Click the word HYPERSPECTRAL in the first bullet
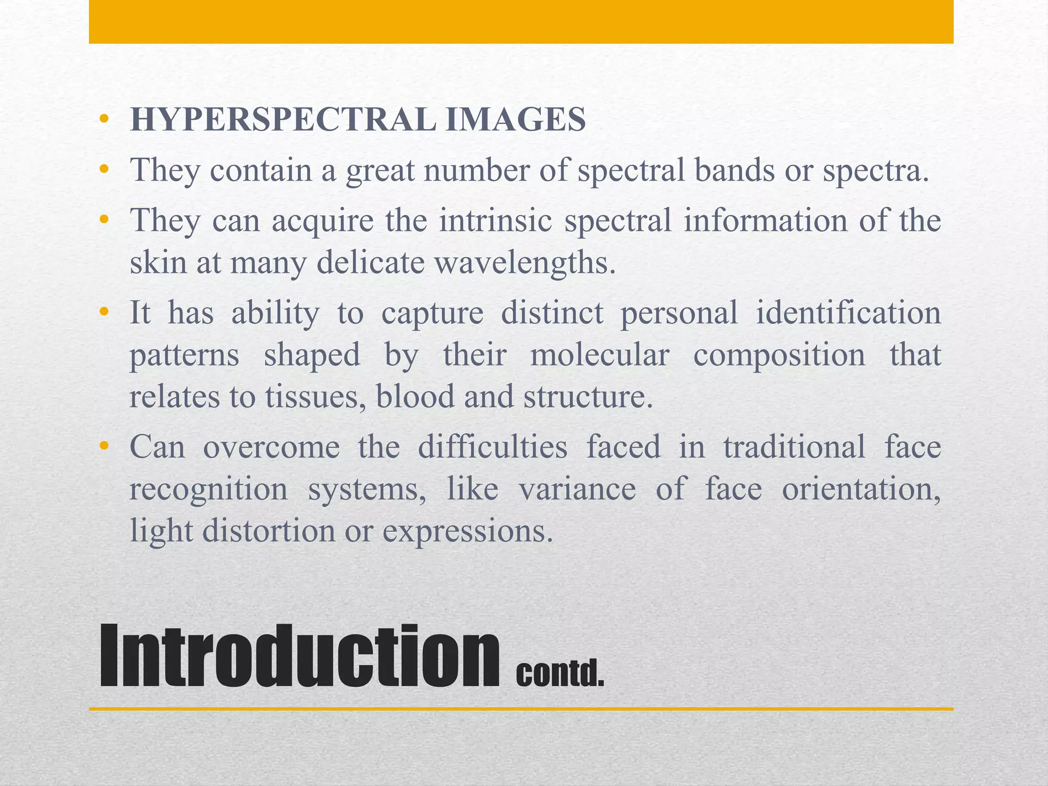(283, 120)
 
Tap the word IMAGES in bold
(515, 120)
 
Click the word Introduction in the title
(299, 657)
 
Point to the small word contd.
(560, 672)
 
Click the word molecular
(599, 355)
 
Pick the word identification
(848, 313)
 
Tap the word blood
(415, 397)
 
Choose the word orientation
(861, 489)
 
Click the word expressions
(468, 531)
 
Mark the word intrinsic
(495, 221)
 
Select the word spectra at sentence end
(875, 170)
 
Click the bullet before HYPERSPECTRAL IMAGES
(104, 120)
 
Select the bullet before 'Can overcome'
(104, 446)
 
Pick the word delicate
(370, 263)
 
